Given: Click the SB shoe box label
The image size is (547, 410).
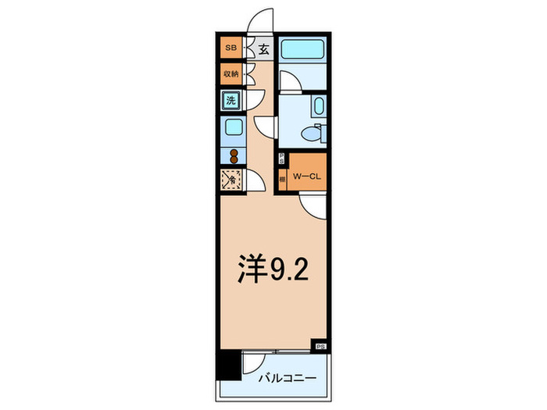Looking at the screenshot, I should pos(230,48).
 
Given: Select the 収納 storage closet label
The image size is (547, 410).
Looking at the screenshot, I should pos(230,74).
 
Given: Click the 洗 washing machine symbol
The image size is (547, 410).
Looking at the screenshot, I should pos(231,100).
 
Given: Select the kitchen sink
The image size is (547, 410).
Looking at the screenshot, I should pos(233,127).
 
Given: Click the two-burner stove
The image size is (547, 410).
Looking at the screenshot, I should pos(233,154).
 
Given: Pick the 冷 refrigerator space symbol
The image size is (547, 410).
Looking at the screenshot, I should pos(231,180).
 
